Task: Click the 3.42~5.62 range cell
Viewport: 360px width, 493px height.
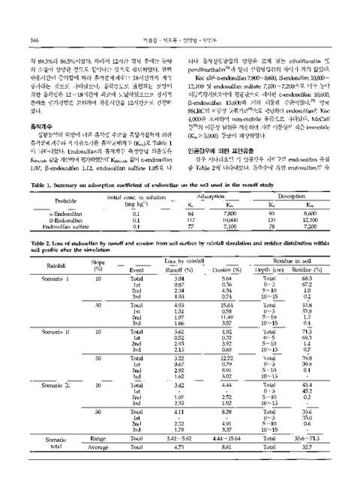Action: click(171, 457)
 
